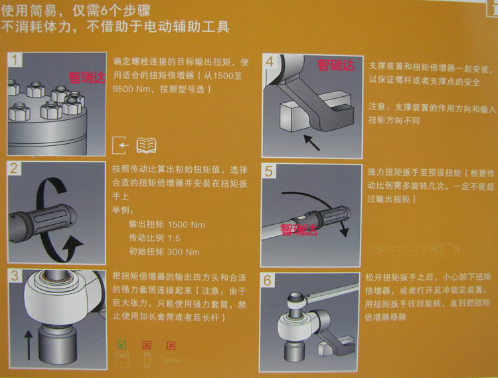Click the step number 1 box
(15, 60)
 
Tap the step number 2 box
(15, 168)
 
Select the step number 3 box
(15, 276)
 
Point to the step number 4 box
(270, 61)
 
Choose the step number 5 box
(269, 171)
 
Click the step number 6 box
(268, 281)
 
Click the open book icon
(147, 145)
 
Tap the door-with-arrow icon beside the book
(121, 145)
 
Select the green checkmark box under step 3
(122, 345)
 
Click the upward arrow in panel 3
(29, 345)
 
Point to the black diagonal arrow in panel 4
(311, 142)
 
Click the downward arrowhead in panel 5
(344, 232)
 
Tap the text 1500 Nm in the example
(186, 225)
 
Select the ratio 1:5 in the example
(174, 238)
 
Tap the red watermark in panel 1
(87, 78)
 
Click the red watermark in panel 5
(299, 229)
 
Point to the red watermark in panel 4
(336, 65)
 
